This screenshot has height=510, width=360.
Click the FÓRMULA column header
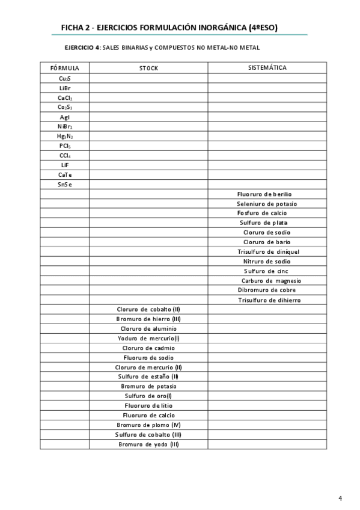click(x=64, y=68)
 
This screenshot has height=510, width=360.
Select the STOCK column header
click(x=148, y=68)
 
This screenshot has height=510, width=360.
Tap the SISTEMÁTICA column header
click(x=267, y=67)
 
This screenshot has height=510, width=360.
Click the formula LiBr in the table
click(x=65, y=88)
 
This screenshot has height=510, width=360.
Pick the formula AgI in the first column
click(x=65, y=117)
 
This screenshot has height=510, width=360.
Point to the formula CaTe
click(x=65, y=174)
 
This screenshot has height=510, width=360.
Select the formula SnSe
click(x=65, y=184)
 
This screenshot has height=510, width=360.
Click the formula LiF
click(x=65, y=165)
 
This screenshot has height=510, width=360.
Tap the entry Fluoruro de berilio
click(x=264, y=194)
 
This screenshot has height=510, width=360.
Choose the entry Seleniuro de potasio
click(x=266, y=203)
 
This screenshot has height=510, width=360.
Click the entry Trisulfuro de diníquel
click(x=268, y=251)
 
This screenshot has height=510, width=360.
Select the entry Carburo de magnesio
click(x=271, y=280)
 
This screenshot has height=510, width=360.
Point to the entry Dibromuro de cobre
click(x=267, y=290)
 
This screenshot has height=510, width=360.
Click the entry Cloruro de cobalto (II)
click(x=148, y=309)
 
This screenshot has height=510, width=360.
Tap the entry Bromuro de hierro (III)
click(x=148, y=319)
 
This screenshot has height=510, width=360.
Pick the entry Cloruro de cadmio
click(x=148, y=348)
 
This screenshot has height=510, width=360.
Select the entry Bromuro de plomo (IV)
click(x=148, y=425)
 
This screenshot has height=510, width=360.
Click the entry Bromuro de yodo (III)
click(x=148, y=444)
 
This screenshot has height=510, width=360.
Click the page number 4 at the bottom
click(x=340, y=498)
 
